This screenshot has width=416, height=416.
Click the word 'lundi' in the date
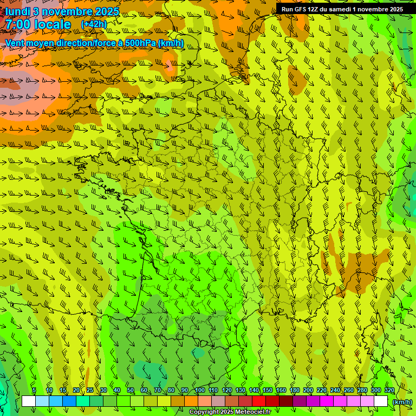(x=17, y=11)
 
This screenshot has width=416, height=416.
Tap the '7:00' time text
(x=18, y=24)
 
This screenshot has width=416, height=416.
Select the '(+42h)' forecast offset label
(x=94, y=24)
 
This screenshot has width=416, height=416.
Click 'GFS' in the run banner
(x=301, y=9)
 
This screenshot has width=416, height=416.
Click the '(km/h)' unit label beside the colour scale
(x=402, y=402)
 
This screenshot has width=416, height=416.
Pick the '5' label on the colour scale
(x=34, y=391)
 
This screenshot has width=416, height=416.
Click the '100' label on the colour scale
(x=200, y=391)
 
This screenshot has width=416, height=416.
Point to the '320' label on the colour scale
(x=389, y=391)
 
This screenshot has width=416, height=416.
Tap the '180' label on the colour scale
(x=295, y=391)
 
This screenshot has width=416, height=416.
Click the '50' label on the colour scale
(x=131, y=391)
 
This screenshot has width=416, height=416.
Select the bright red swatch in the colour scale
(x=259, y=401)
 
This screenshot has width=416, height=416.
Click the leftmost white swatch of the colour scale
(x=29, y=401)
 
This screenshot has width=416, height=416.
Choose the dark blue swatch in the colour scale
(x=69, y=401)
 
